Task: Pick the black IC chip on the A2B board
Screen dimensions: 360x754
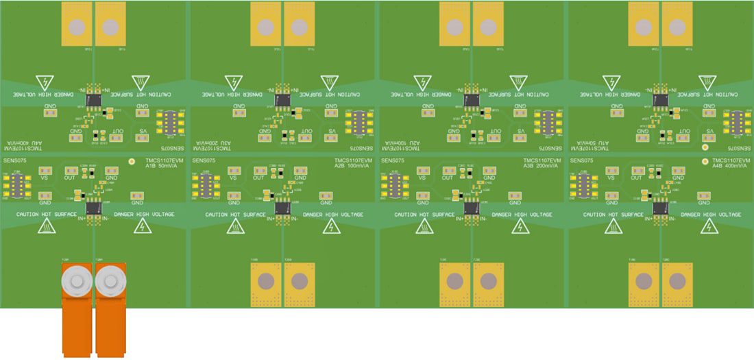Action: pyautogui.click(x=282, y=206)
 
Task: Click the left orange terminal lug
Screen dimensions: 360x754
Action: pyautogui.click(x=77, y=309)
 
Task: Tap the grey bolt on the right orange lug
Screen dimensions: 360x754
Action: pyautogui.click(x=110, y=280)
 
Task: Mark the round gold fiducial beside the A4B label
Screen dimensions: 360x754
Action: pyautogui.click(x=705, y=162)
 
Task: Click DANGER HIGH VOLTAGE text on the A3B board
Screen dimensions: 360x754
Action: pyautogui.click(x=522, y=215)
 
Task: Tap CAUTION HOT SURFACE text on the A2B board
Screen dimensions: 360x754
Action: pyautogui.click(x=236, y=215)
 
